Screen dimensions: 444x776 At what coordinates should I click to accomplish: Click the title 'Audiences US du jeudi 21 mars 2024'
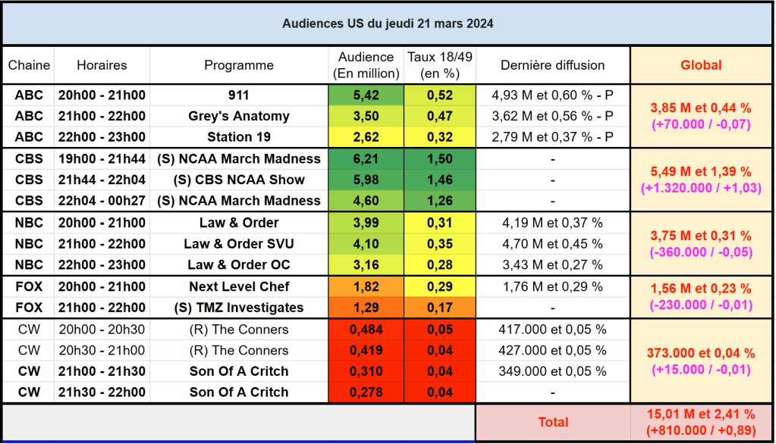tap(388, 23)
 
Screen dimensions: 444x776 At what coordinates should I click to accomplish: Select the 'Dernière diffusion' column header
tap(552, 65)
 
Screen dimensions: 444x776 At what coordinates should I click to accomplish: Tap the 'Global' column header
tap(701, 65)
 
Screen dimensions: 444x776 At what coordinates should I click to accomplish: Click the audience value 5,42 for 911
tap(366, 95)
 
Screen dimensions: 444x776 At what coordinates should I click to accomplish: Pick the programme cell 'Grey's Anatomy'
tap(239, 116)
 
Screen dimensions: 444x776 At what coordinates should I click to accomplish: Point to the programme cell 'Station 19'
tap(239, 137)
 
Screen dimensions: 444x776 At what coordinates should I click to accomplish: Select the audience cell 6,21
tap(366, 159)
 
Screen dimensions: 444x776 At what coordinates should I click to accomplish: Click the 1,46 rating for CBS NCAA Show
tap(439, 180)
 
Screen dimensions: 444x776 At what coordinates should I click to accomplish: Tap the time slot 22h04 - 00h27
tap(102, 201)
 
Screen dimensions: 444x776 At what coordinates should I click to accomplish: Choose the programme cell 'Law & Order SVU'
tap(239, 244)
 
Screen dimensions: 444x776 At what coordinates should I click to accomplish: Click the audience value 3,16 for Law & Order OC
tap(366, 265)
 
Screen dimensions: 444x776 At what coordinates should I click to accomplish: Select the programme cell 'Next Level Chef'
tap(239, 286)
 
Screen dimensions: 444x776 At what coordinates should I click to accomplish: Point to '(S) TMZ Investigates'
tap(239, 308)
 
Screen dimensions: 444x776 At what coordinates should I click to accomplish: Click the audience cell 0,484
tap(366, 330)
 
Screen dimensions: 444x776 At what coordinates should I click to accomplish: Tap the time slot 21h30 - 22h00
tap(102, 392)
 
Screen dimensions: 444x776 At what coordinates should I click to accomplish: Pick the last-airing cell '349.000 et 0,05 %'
tap(552, 371)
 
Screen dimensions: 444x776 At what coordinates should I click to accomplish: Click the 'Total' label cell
tap(552, 422)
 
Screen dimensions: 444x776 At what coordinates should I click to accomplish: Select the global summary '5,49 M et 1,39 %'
tap(701, 171)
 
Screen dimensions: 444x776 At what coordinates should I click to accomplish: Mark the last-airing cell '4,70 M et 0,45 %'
tap(552, 244)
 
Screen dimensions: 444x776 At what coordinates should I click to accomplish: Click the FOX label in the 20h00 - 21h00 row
tap(29, 286)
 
